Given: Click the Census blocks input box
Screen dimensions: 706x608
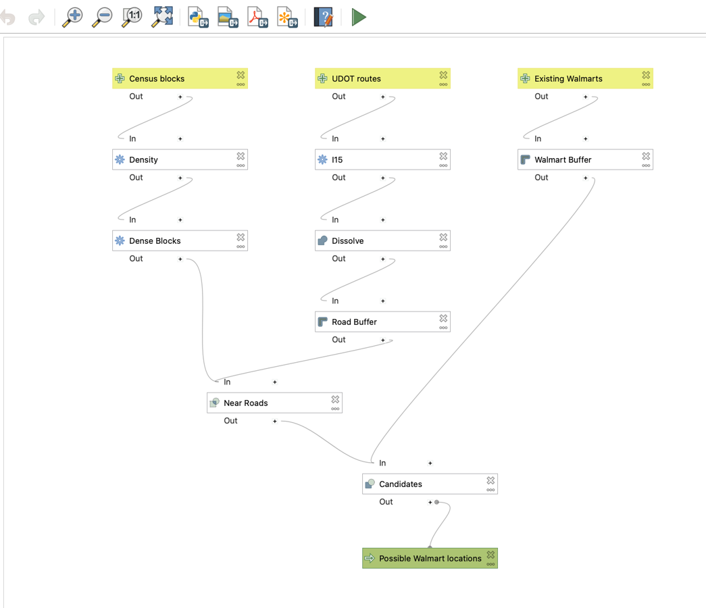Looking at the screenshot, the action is (x=180, y=78).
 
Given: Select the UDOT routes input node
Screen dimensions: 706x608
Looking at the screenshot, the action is (x=382, y=78).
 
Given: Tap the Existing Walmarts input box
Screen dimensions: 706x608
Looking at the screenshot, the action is (x=585, y=78).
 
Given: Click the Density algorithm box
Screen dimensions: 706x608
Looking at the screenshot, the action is (x=180, y=159).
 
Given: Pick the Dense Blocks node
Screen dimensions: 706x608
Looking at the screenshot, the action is (x=180, y=240).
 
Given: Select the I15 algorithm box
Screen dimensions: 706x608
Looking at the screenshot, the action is (x=382, y=159).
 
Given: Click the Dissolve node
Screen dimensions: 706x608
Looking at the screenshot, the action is (x=382, y=240).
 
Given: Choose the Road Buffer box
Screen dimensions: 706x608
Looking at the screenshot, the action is (x=382, y=322).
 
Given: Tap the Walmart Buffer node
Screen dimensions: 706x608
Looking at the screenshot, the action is (x=585, y=159).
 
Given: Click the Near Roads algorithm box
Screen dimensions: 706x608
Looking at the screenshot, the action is (x=274, y=403).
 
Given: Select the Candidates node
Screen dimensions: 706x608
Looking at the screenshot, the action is (x=430, y=484).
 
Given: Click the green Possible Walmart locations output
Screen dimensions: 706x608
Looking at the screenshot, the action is (x=430, y=558).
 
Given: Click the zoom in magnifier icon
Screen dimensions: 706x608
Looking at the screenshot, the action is (x=72, y=18).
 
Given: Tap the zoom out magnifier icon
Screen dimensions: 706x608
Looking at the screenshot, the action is (x=102, y=18).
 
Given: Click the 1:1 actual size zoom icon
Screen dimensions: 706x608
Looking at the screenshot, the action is (x=132, y=18).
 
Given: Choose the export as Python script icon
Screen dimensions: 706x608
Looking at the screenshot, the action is (x=198, y=18).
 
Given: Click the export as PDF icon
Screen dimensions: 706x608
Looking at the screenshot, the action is (x=257, y=18).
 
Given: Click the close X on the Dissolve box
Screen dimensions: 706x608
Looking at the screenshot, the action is (x=443, y=237).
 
